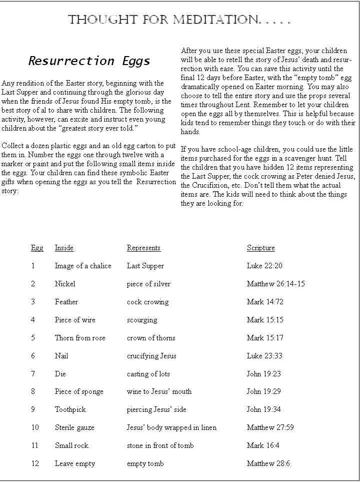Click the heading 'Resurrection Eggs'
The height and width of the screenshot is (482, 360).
[89, 61]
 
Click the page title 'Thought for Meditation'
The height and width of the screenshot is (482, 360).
[178, 20]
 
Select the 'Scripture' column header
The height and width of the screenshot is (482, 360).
[260, 248]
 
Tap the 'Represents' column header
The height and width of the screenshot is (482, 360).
[143, 248]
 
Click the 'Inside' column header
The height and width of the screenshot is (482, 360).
[64, 248]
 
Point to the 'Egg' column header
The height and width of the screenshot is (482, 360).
[37, 248]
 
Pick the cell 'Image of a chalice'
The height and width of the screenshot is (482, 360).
[83, 266]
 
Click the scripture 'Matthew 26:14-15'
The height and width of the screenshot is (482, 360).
[275, 284]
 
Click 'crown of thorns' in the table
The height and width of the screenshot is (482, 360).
[151, 338]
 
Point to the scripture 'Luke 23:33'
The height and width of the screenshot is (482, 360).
[264, 356]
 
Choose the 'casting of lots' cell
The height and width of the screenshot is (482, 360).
[148, 374]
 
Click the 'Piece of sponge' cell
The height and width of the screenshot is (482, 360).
[79, 391]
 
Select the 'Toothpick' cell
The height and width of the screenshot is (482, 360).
[70, 409]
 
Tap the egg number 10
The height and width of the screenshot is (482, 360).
[35, 427]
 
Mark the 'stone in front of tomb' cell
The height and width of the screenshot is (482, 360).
[160, 445]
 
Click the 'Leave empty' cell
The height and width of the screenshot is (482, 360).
[74, 463]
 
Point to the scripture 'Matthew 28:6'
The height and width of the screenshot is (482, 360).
[268, 463]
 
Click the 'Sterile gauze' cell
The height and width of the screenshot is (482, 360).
[74, 427]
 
